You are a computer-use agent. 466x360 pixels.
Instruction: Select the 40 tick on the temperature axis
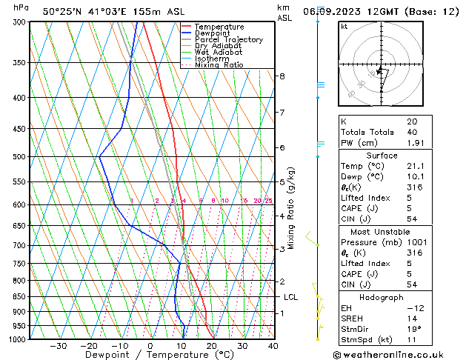click(x=273, y=346)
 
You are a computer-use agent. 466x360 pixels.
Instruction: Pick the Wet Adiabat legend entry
click(x=219, y=53)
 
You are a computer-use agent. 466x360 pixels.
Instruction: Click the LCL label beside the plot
click(x=291, y=297)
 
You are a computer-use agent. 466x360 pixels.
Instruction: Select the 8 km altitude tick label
click(x=282, y=76)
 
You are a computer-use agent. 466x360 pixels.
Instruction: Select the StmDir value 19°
click(x=413, y=329)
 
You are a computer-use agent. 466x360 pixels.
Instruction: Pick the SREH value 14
click(x=412, y=318)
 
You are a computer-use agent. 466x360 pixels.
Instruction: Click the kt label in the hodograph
click(x=344, y=26)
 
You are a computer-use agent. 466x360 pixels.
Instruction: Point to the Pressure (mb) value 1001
click(x=416, y=242)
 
